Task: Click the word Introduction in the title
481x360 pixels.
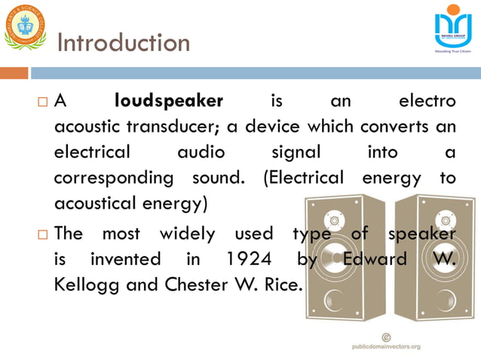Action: tap(124, 43)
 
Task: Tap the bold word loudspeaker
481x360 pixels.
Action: tap(169, 101)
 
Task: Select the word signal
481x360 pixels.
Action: tap(296, 152)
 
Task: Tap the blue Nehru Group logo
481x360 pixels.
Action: tap(452, 28)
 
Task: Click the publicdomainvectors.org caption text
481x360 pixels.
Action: tap(386, 347)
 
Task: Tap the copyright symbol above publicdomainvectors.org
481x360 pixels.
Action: tap(386, 336)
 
